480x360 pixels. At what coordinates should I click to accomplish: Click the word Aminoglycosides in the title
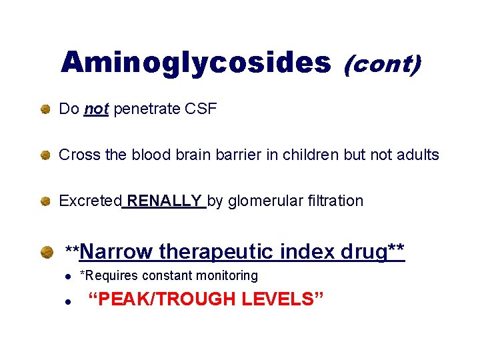[196, 63]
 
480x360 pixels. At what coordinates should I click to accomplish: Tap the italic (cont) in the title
[382, 64]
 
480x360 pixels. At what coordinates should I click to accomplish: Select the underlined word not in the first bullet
[97, 109]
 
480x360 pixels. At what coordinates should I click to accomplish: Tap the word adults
[417, 155]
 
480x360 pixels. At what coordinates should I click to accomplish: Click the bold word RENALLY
[165, 201]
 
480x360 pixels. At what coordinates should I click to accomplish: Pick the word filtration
[333, 201]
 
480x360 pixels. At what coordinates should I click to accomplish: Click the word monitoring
[226, 275]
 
